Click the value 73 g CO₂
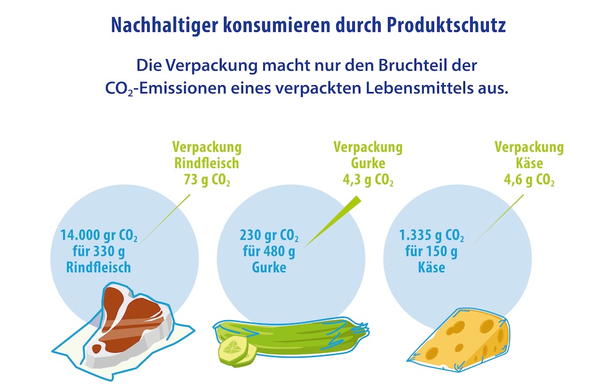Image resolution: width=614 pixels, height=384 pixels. [206, 180]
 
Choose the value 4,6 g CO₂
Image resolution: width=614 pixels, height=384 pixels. [529, 180]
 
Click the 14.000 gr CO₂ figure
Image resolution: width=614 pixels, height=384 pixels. [99, 236]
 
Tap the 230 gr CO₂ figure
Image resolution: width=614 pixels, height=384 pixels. [269, 236]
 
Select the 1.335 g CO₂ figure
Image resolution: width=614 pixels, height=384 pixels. [432, 236]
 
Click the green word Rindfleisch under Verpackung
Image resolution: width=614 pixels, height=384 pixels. [206, 164]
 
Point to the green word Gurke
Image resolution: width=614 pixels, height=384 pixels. [368, 164]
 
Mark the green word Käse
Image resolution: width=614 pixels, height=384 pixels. [529, 164]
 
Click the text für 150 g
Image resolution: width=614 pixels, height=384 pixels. [431, 252]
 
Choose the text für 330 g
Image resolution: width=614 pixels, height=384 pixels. [99, 252]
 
